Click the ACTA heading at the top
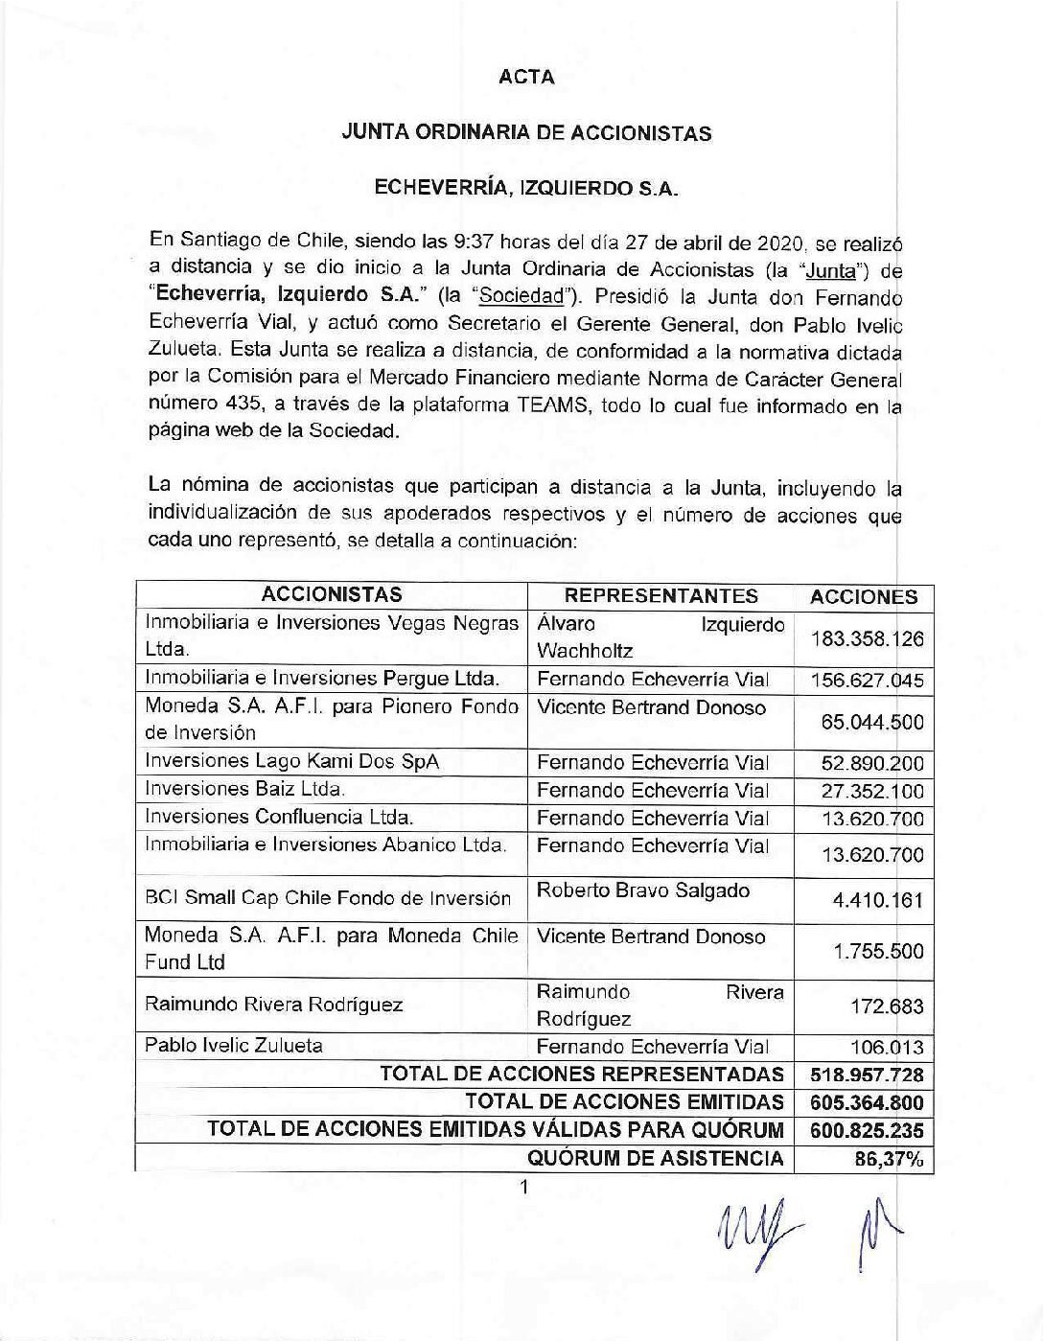point(526,78)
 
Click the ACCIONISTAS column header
point(332,595)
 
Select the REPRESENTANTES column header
point(661,595)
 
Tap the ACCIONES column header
point(864,596)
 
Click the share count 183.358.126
point(867,638)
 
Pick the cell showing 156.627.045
point(867,681)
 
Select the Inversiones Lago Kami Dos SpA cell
point(292,761)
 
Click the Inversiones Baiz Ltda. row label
point(245,789)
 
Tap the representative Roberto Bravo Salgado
point(643,890)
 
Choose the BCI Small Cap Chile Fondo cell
point(328,898)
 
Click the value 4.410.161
point(879,899)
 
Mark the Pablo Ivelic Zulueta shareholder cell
point(234,1045)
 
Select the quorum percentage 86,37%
point(889,1159)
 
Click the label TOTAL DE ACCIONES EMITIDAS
point(624,1102)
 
